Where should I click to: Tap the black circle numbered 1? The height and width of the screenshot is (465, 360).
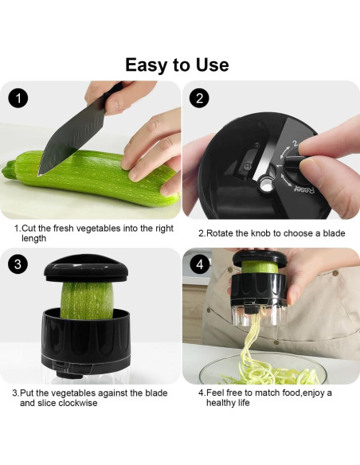[19, 100]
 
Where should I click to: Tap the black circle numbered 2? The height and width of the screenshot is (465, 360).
[201, 100]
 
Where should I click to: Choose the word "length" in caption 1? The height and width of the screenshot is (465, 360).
[34, 238]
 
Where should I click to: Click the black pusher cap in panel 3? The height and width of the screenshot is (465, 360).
[84, 271]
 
